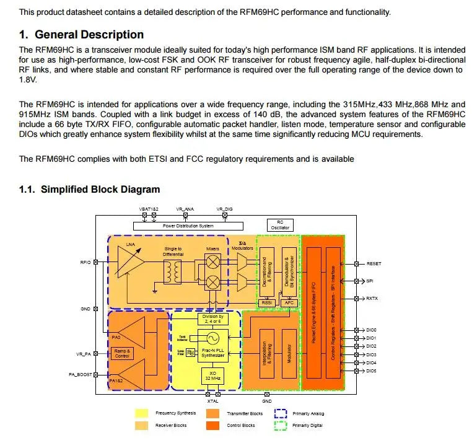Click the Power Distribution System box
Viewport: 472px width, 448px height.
coord(188,226)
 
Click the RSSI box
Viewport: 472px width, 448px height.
coord(269,303)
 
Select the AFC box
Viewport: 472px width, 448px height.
coord(289,303)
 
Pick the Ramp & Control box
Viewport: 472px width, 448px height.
coord(122,353)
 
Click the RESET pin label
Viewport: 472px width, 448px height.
coord(374,263)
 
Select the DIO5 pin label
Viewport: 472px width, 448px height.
coord(372,371)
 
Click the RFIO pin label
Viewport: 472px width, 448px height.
coord(85,263)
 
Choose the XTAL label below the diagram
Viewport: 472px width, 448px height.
coord(212,401)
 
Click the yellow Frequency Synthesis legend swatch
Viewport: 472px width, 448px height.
coord(142,413)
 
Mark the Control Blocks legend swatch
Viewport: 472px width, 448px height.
coord(212,426)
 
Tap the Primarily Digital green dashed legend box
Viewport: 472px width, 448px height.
coord(281,426)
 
